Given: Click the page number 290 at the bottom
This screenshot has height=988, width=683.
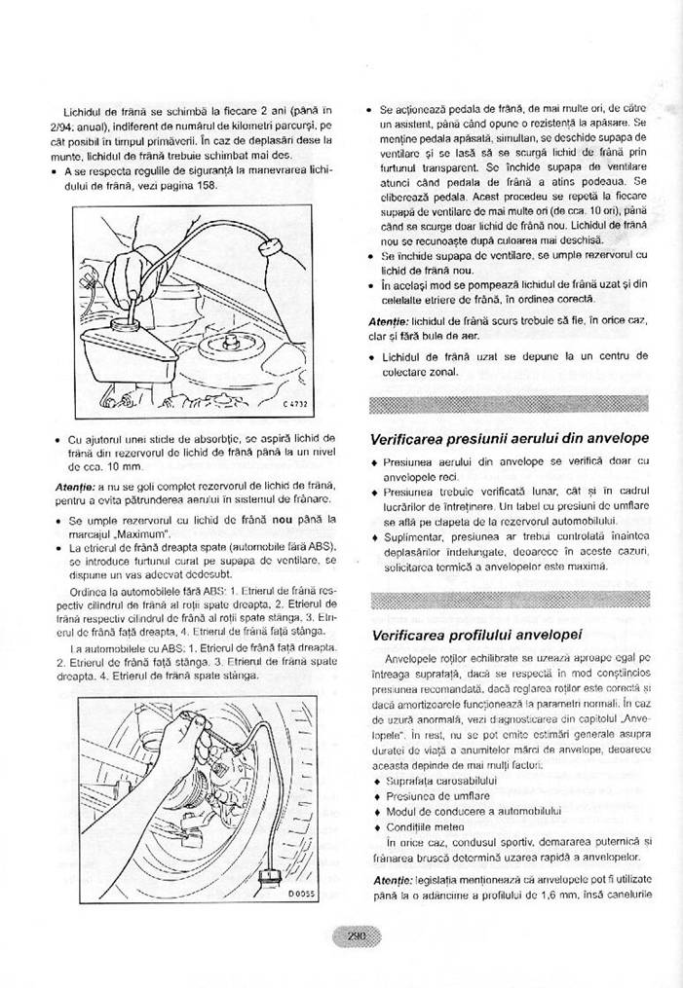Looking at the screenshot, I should pos(357,936).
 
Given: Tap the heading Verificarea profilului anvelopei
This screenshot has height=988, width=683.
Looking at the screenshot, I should pos(477,636).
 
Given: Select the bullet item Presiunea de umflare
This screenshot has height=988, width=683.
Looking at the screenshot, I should pos(436,796).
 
